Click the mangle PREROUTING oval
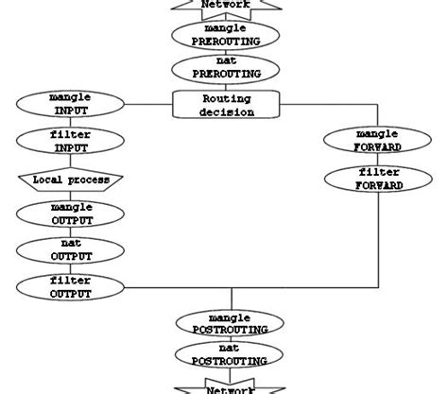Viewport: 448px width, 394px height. coord(226,35)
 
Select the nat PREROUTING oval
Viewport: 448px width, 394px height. coord(226,69)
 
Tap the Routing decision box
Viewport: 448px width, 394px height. coord(227,104)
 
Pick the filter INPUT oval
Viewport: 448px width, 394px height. coord(71,142)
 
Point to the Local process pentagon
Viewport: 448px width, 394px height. coord(71,180)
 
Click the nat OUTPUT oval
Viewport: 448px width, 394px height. coord(71,250)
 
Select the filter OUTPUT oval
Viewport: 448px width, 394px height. coord(71,287)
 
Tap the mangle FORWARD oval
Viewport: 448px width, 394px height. coord(364,141)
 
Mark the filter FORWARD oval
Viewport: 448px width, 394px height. coord(364,179)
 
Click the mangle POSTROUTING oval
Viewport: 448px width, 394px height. coord(226,322)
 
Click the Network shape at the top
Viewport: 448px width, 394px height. coord(226,6)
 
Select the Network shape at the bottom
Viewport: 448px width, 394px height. coord(226,387)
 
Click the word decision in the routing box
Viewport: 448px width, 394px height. coord(227,111)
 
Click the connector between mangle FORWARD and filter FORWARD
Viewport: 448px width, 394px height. coord(364,160)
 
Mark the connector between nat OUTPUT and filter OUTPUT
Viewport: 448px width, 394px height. coord(71,269)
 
